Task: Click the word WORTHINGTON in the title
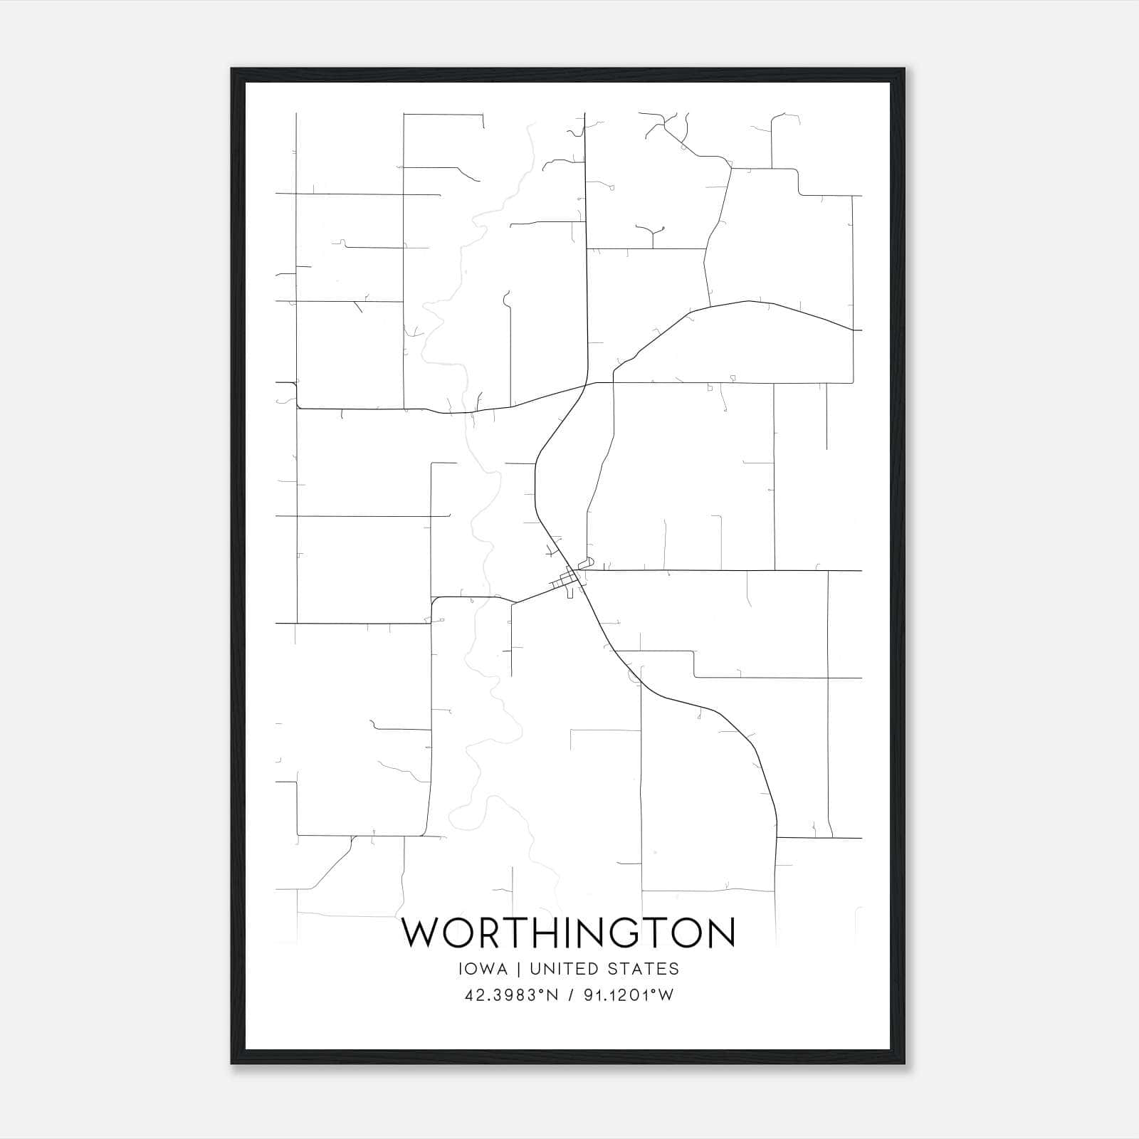click(569, 933)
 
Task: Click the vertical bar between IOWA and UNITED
click(518, 969)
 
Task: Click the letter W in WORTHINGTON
click(425, 933)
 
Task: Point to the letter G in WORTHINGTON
click(629, 933)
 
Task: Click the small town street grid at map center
click(569, 582)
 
